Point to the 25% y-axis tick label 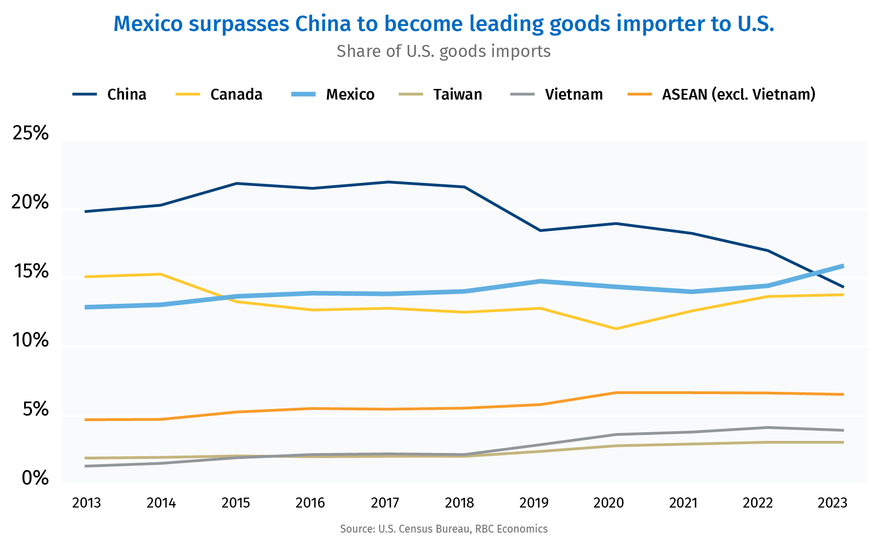pos(31,133)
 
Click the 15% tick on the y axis pos(31,271)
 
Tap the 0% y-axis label pos(35,478)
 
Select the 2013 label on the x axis pos(86,503)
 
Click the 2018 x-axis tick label pos(459,503)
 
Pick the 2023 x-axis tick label pos(832,503)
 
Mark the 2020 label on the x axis pos(609,503)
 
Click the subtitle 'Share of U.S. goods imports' pos(444,51)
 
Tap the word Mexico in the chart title pos(148,24)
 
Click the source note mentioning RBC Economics pos(444,529)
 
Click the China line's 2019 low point pos(540,230)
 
